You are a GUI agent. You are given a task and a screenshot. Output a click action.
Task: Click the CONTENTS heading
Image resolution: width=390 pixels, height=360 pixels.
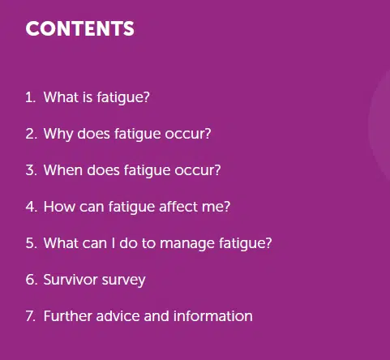click(80, 28)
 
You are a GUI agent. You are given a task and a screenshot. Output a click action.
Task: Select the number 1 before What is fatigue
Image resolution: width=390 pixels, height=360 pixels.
click(31, 97)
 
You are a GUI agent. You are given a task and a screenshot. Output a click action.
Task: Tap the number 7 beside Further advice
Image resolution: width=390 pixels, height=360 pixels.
click(31, 316)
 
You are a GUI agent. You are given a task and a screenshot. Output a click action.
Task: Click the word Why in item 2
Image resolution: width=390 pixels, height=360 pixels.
click(58, 135)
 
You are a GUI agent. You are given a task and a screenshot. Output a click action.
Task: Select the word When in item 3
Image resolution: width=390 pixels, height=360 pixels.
click(63, 170)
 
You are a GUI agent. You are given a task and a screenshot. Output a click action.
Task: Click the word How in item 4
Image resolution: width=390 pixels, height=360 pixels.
click(59, 207)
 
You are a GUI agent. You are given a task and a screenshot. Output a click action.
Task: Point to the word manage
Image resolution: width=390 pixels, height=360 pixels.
click(187, 244)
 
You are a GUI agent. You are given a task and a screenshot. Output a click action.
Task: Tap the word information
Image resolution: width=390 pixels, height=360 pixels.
click(213, 316)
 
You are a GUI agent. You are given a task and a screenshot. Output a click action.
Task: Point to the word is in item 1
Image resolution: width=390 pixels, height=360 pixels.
click(88, 97)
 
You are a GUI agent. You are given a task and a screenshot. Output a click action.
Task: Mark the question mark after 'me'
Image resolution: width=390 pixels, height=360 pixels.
click(227, 207)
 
